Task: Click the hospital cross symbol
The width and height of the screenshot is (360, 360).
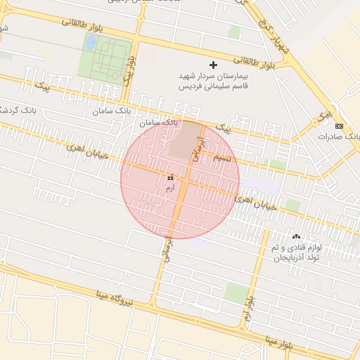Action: pyautogui.click(x=214, y=65)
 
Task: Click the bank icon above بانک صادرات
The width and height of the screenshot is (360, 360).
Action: pyautogui.click(x=340, y=126)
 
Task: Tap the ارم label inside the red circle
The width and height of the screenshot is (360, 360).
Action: pyautogui.click(x=169, y=188)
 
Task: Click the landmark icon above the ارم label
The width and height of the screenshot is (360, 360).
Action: pyautogui.click(x=169, y=179)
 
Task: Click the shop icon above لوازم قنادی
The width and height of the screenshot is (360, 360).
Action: pyautogui.click(x=295, y=238)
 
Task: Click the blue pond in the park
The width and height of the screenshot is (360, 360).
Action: pyautogui.click(x=91, y=43)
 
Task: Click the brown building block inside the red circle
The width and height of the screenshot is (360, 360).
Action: pyautogui.click(x=183, y=139)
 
